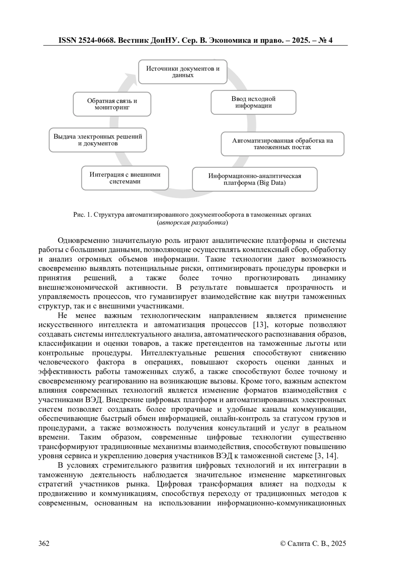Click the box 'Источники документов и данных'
click(x=183, y=72)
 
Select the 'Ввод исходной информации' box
click(x=253, y=102)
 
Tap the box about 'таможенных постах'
click(x=282, y=144)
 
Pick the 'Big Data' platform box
click(x=255, y=179)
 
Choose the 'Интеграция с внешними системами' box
click(x=125, y=178)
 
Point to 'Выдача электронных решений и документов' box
click(x=98, y=140)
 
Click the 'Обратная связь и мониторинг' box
click(x=112, y=104)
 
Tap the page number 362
click(x=44, y=543)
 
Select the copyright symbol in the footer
click(x=283, y=543)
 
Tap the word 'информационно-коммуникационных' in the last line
click(x=282, y=504)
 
